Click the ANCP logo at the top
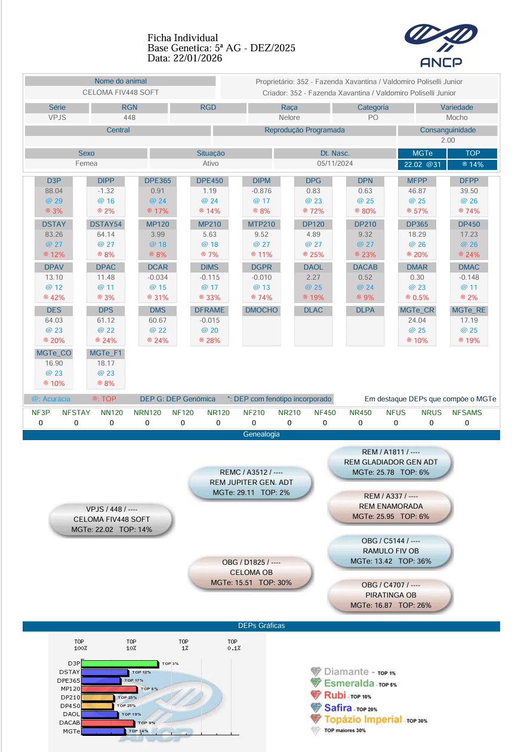pyautogui.click(x=440, y=46)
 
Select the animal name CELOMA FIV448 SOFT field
pyautogui.click(x=121, y=92)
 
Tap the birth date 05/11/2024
pyautogui.click(x=335, y=163)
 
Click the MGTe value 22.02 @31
pyautogui.click(x=423, y=165)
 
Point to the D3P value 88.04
pyautogui.click(x=54, y=191)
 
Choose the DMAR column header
pyautogui.click(x=417, y=267)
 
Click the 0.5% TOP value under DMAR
pyautogui.click(x=417, y=298)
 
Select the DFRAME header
pyautogui.click(x=209, y=310)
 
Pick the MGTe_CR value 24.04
pyautogui.click(x=417, y=320)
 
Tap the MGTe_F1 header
pyautogui.click(x=106, y=353)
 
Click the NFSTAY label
pyautogui.click(x=76, y=413)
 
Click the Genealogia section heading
pyautogui.click(x=261, y=434)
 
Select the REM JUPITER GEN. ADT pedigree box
pyautogui.click(x=251, y=482)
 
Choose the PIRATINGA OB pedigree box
pyautogui.click(x=391, y=595)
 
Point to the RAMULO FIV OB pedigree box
pyautogui.click(x=391, y=551)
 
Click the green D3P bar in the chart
pyautogui.click(x=120, y=664)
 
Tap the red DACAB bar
pyautogui.click(x=108, y=723)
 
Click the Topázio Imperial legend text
pyautogui.click(x=363, y=719)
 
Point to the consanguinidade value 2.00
pyautogui.click(x=448, y=140)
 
